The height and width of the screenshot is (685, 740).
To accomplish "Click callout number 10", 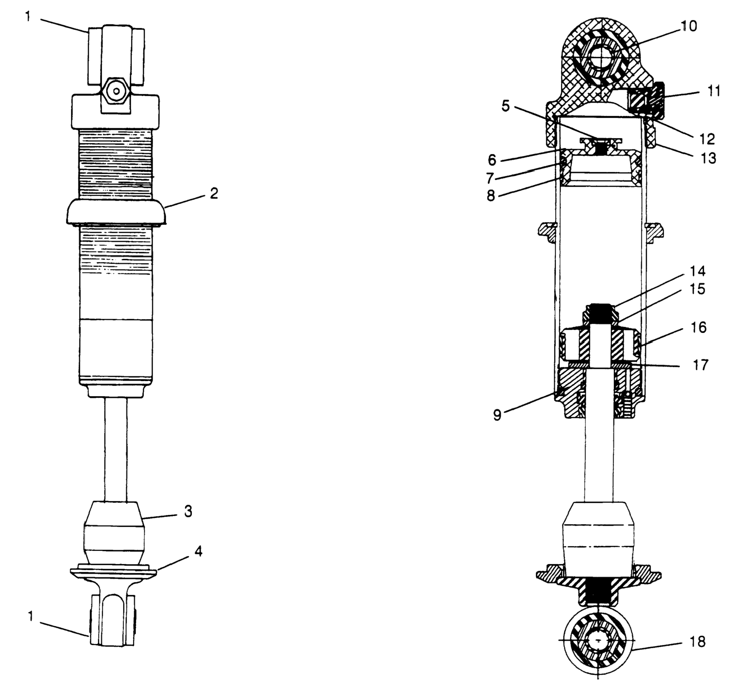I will [x=689, y=26].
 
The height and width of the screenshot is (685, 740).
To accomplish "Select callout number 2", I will [x=214, y=193].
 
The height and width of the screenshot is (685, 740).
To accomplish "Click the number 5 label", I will [x=506, y=106].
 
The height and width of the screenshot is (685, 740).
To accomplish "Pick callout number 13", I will [x=708, y=158].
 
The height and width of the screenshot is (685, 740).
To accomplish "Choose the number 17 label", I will [x=700, y=365].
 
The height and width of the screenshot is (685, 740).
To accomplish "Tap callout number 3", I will [x=188, y=512].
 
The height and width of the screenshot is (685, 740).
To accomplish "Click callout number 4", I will [x=199, y=552].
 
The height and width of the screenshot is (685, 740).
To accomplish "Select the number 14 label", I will [x=697, y=271].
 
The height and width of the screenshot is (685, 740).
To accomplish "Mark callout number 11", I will [x=714, y=91].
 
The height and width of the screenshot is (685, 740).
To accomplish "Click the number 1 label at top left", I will [x=28, y=17].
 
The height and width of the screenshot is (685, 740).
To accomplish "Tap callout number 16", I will [x=699, y=328].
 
